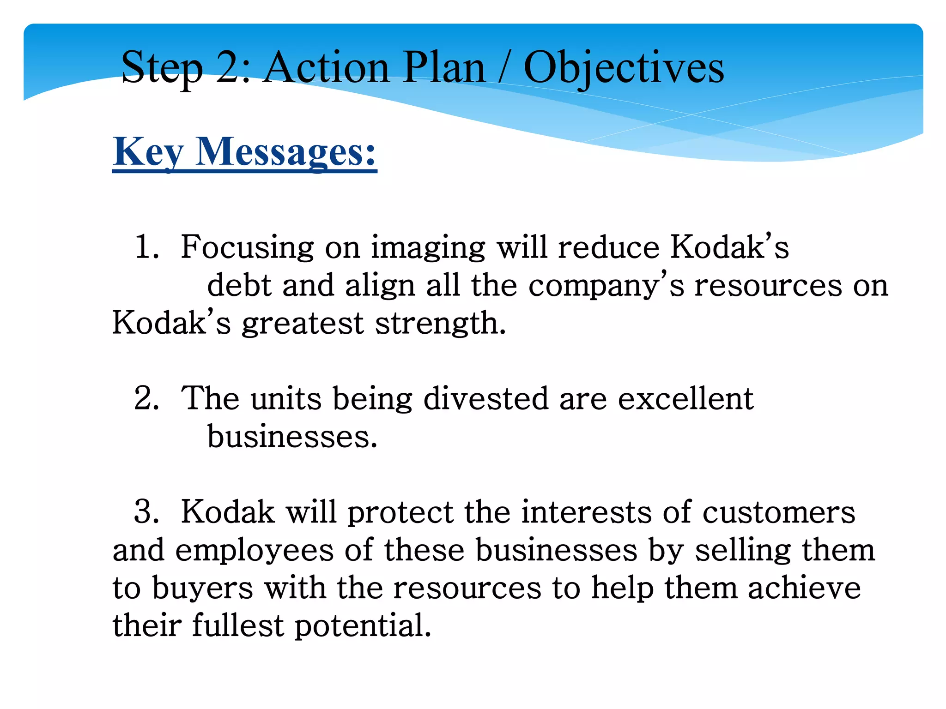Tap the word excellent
[x=685, y=398]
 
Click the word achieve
[x=804, y=589]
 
